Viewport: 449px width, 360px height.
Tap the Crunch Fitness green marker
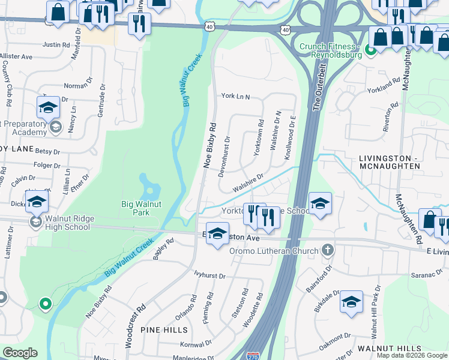pyautogui.click(x=372, y=51)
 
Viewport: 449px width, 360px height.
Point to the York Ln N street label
pyautogui.click(x=235, y=96)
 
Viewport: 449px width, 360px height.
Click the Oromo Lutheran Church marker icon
pyautogui.click(x=327, y=249)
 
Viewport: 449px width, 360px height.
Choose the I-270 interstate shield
pyautogui.click(x=255, y=356)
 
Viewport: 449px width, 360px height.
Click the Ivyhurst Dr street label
pyautogui.click(x=209, y=277)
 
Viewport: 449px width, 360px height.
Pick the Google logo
pyautogui.click(x=20, y=353)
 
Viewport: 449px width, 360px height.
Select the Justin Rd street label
pyautogui.click(x=57, y=44)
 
